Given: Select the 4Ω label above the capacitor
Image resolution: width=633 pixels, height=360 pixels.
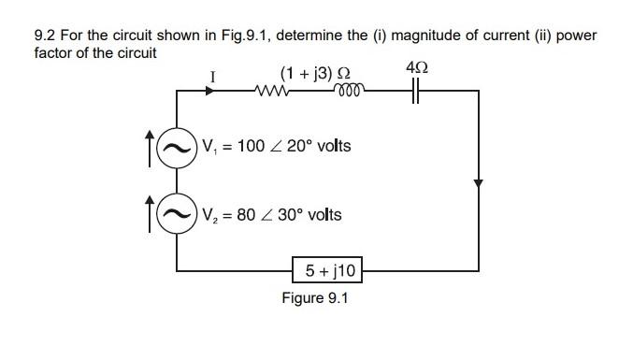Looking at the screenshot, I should (x=418, y=68).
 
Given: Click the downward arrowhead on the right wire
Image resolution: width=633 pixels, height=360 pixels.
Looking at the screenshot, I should (x=479, y=183).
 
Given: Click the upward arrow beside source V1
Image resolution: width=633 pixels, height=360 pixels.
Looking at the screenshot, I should (x=150, y=150).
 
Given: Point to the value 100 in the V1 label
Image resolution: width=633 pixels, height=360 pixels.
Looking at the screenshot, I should (x=252, y=147).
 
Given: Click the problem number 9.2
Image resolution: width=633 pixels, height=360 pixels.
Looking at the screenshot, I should (x=44, y=36).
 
